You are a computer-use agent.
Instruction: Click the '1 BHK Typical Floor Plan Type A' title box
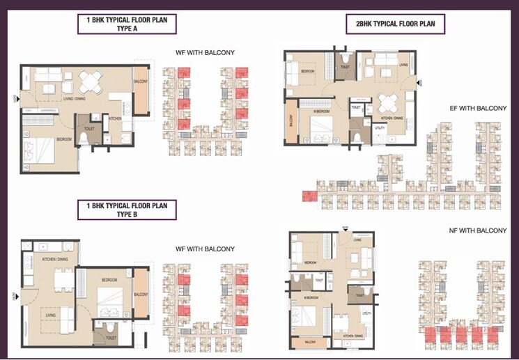127,24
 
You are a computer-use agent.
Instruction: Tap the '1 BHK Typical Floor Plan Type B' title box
127,210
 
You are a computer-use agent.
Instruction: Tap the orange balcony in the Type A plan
141,91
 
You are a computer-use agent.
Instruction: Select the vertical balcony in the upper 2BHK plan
291,125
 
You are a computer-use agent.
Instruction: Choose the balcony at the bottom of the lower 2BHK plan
309,342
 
